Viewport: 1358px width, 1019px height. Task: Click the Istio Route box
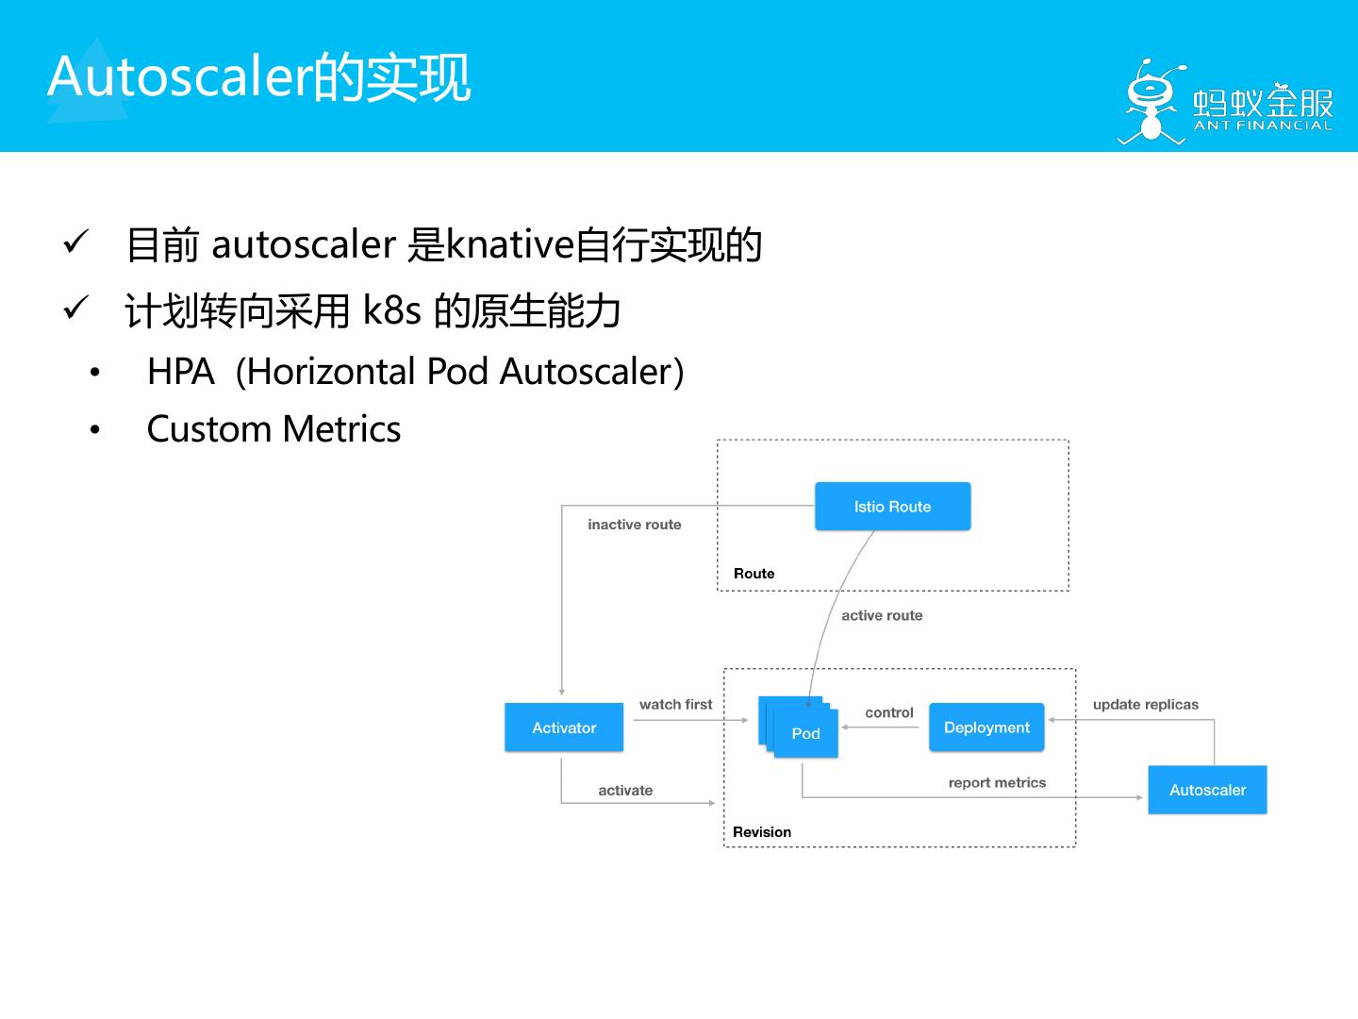pos(892,507)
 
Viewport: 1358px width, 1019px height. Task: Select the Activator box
pos(564,727)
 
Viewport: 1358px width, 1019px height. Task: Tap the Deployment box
pos(986,727)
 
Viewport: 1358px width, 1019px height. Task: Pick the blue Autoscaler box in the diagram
pos(1207,790)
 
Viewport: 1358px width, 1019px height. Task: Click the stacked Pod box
pos(804,733)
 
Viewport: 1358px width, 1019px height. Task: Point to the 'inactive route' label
pos(634,525)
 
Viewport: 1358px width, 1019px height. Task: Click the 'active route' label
pos(882,615)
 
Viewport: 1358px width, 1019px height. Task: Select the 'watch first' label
pos(675,704)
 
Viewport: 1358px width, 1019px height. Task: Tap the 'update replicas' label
pos(1145,704)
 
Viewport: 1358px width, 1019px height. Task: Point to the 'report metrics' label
pos(997,782)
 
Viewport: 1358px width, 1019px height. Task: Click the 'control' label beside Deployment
pos(888,712)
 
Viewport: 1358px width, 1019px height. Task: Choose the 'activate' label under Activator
pos(625,791)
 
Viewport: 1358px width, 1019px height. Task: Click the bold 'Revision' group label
pos(762,832)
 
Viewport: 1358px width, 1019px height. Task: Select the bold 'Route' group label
pos(754,574)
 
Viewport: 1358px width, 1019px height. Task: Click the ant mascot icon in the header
pos(1150,102)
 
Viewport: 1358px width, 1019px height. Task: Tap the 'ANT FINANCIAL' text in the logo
pos(1263,125)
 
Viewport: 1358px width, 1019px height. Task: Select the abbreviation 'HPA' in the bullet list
pos(180,372)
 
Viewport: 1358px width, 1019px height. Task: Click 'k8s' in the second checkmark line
pos(391,309)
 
